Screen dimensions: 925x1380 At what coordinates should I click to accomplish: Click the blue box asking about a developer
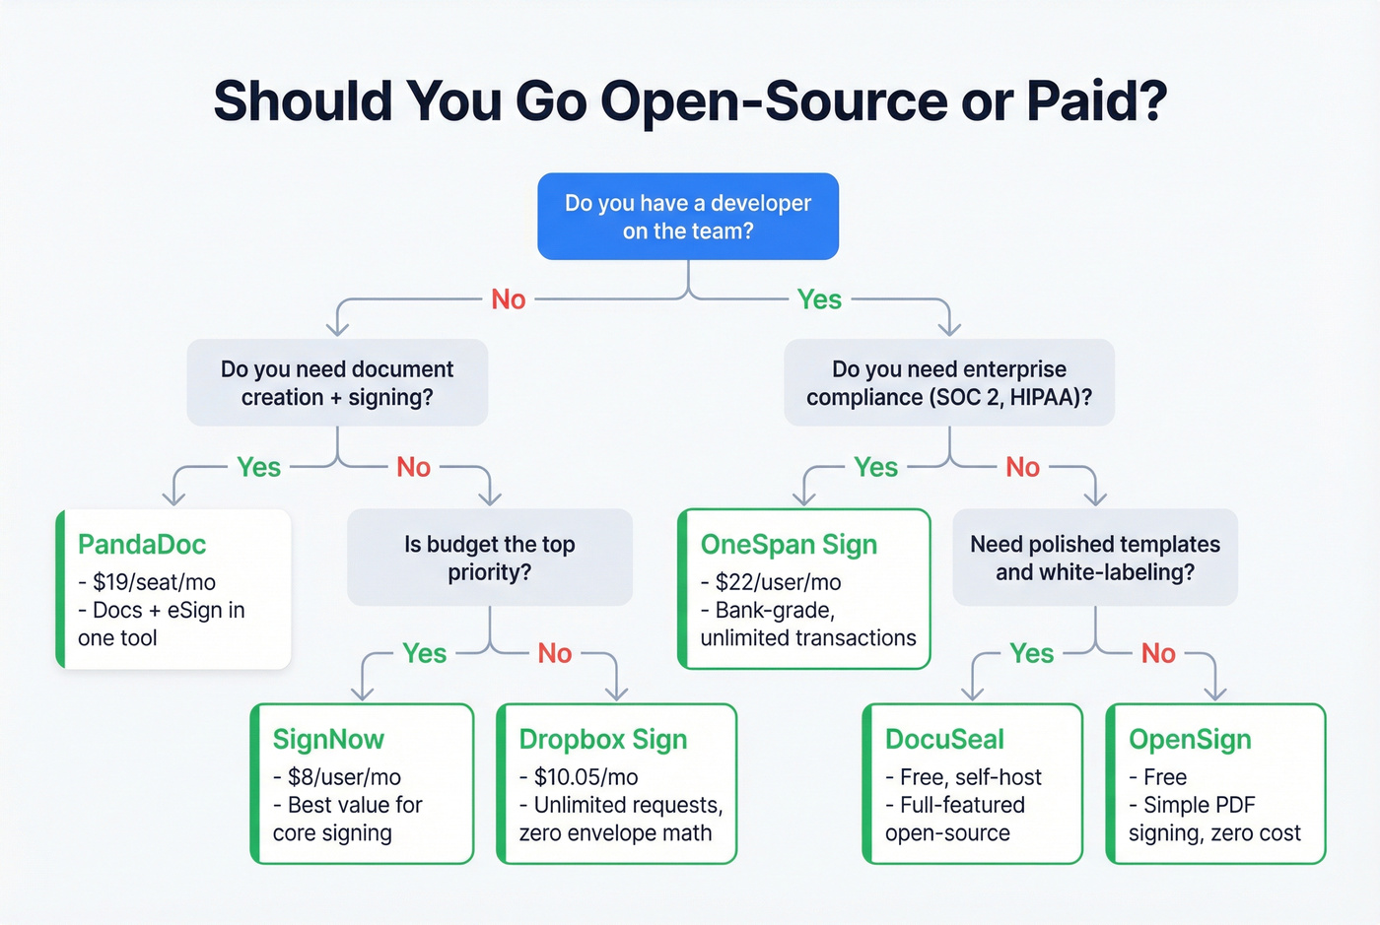[688, 217]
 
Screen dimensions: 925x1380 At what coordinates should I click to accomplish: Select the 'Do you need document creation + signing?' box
[337, 383]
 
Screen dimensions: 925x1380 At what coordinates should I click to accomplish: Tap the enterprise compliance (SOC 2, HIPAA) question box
[948, 383]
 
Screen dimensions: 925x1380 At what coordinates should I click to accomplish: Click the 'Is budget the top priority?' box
[489, 558]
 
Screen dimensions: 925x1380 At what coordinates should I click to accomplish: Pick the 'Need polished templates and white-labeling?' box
[1094, 558]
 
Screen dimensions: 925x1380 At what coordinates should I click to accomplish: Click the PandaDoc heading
[142, 545]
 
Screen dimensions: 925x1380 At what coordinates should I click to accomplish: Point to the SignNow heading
[328, 740]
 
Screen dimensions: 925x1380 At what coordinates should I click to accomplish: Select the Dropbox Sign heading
[602, 740]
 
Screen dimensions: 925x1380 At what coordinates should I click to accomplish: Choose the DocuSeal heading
[944, 740]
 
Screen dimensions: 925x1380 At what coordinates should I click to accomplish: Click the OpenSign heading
[1190, 740]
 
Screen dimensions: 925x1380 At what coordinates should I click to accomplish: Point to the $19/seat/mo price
[154, 582]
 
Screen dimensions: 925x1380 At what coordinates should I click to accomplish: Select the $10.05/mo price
[586, 777]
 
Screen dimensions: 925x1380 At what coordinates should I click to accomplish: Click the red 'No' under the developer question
[509, 299]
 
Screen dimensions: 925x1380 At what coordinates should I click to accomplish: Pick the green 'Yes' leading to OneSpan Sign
[875, 467]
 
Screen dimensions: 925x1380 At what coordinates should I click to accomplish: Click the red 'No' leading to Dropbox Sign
[555, 653]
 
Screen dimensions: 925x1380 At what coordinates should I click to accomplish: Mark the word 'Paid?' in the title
[1096, 100]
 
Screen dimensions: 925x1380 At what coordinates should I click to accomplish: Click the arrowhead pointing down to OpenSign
[1215, 693]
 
